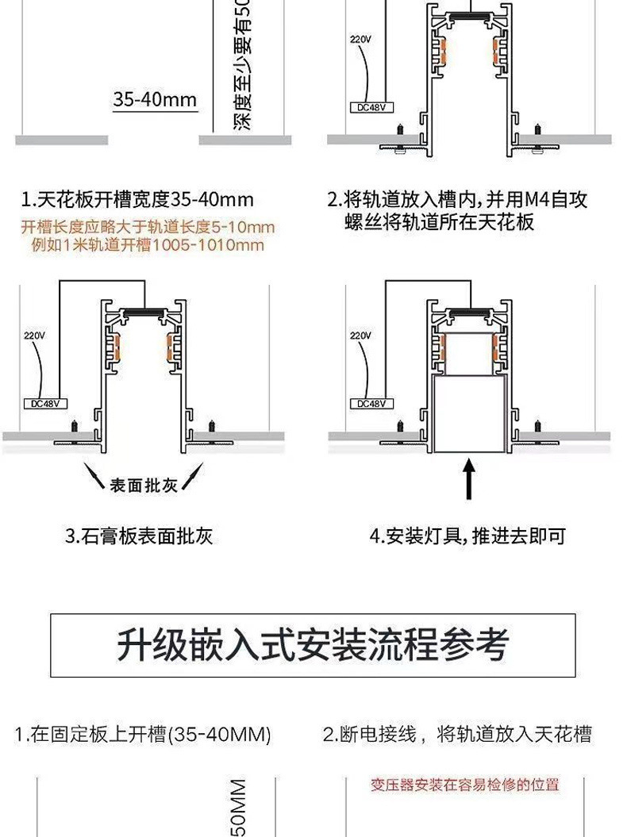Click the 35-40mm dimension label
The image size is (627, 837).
tap(155, 100)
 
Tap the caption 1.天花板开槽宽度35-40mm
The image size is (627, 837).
tap(137, 199)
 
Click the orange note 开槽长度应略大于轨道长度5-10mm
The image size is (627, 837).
tap(148, 228)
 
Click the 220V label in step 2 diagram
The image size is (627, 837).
tap(361, 39)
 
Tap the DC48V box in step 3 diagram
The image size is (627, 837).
tap(44, 403)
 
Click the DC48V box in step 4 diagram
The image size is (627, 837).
tap(371, 403)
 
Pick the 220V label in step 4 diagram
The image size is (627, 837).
tap(361, 336)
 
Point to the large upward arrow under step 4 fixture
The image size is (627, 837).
tap(469, 480)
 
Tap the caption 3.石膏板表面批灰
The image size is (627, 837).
tap(139, 536)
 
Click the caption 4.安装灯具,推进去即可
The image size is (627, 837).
tap(468, 536)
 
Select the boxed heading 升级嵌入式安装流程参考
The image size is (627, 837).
tap(313, 644)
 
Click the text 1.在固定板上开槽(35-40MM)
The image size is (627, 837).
tap(143, 735)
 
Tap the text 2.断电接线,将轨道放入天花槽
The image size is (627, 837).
tap(457, 735)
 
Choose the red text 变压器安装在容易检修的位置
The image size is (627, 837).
tap(465, 785)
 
